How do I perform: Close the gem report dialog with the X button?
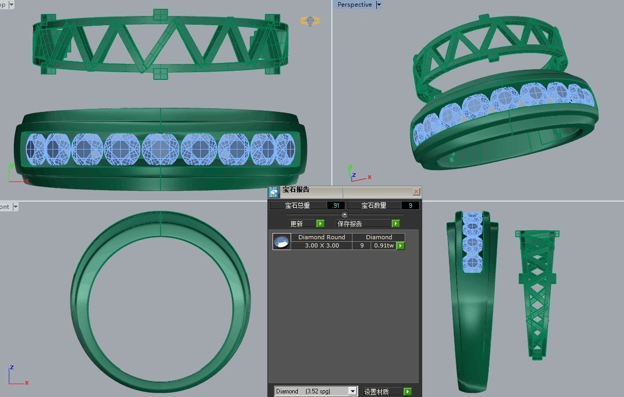(x=416, y=191)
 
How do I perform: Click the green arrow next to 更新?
(x=320, y=223)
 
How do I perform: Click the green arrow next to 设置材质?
(x=407, y=391)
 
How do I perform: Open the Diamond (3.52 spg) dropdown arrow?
(x=353, y=391)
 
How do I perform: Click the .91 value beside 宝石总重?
(x=335, y=205)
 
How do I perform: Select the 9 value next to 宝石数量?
(x=410, y=205)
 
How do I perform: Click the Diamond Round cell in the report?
(x=322, y=237)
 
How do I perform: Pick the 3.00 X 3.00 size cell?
(x=322, y=245)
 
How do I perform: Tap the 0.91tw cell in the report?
(x=383, y=245)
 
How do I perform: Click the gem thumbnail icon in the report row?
(x=281, y=241)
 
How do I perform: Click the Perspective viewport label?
(x=354, y=5)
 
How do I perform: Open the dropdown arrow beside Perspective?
(x=379, y=5)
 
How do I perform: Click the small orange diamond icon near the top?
(x=310, y=21)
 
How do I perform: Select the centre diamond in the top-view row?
(x=161, y=149)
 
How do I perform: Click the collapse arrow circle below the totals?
(x=345, y=214)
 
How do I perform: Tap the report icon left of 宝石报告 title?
(x=274, y=192)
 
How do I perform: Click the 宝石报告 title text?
(x=296, y=190)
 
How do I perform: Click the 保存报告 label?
(x=349, y=224)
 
